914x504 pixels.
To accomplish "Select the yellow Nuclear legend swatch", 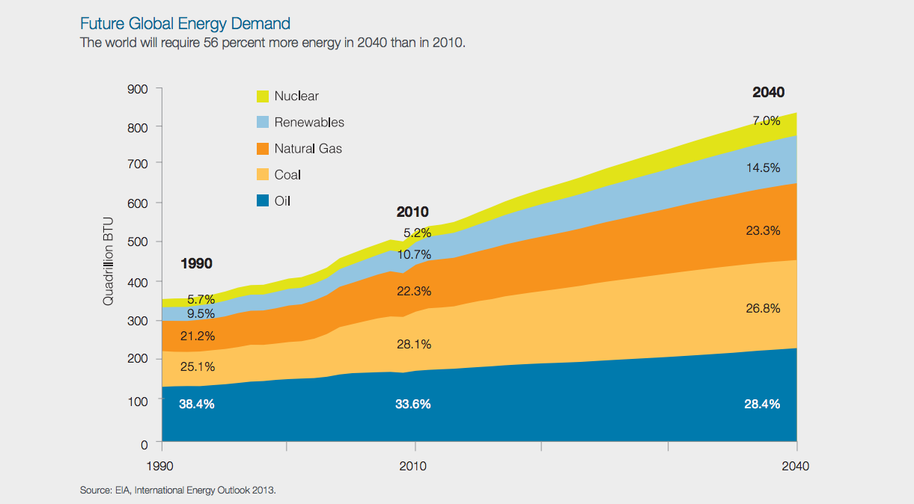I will pyautogui.click(x=263, y=96).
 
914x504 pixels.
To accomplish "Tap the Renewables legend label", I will pyautogui.click(x=309, y=122).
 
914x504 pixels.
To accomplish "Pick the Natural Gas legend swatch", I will pyautogui.click(x=263, y=148).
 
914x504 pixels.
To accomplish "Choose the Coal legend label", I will pyautogui.click(x=287, y=175).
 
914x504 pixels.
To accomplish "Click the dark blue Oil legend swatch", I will pyautogui.click(x=263, y=200).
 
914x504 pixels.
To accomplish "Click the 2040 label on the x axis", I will pyautogui.click(x=795, y=466).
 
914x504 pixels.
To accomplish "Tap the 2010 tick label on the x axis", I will pyautogui.click(x=413, y=466).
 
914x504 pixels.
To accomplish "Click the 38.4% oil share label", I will pyautogui.click(x=197, y=405).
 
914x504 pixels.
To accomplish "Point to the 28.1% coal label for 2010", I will pyautogui.click(x=413, y=345).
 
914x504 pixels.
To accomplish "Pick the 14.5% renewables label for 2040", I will pyautogui.click(x=763, y=168).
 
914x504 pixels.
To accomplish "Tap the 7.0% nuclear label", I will pyautogui.click(x=766, y=120).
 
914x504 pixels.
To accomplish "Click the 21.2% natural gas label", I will pyautogui.click(x=198, y=336).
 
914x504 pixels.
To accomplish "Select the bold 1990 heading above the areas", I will pyautogui.click(x=197, y=263).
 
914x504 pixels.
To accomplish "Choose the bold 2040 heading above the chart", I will pyautogui.click(x=768, y=93).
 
